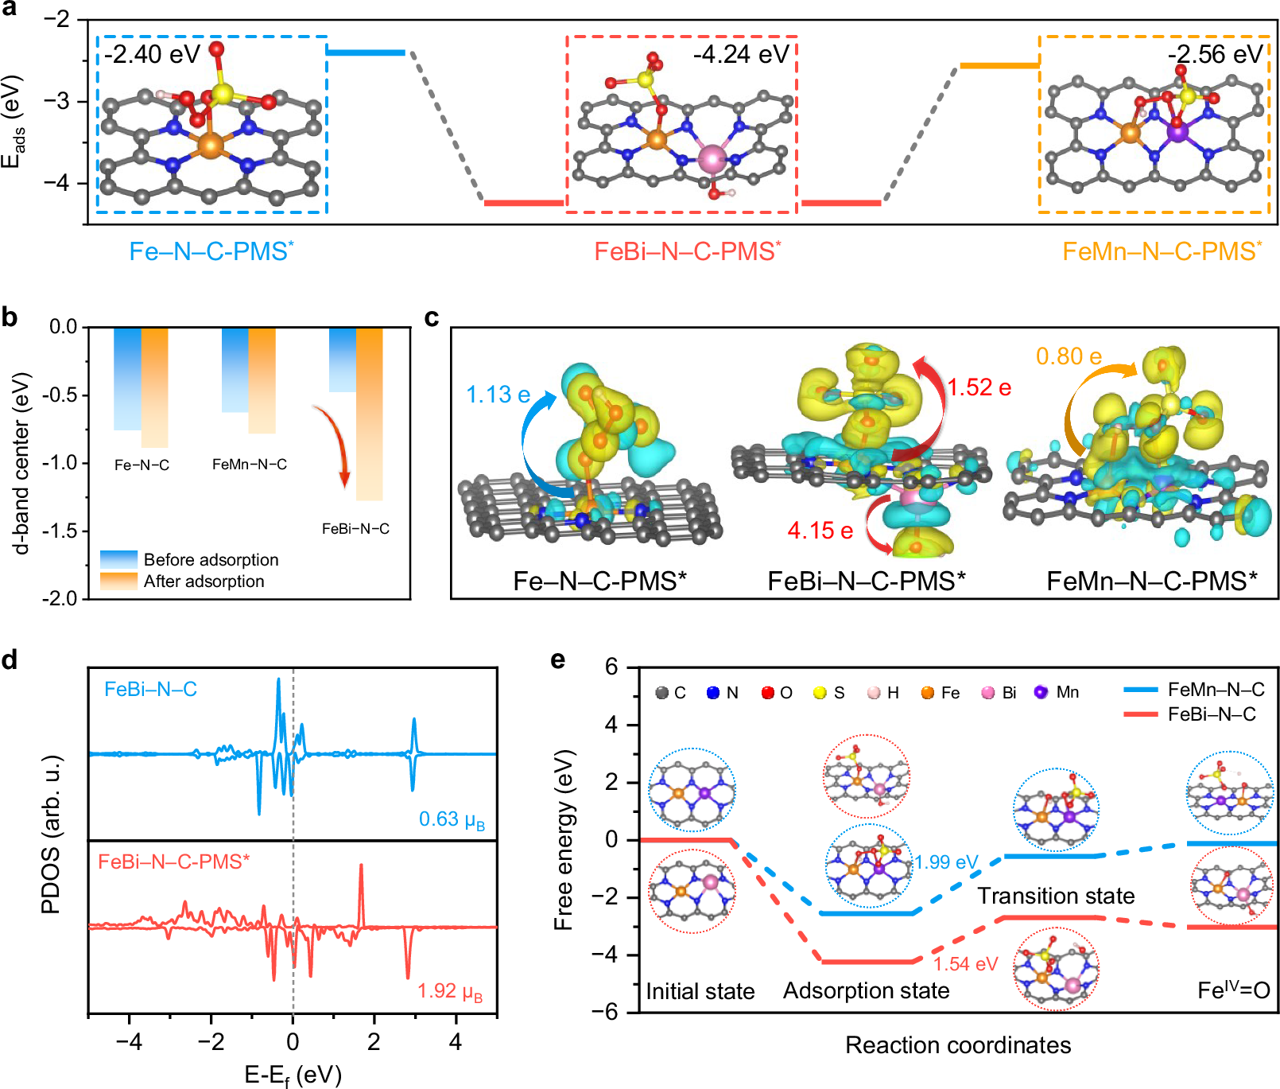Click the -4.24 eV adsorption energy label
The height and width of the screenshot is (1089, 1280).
pos(740,54)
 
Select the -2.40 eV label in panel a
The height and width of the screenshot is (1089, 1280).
pos(153,54)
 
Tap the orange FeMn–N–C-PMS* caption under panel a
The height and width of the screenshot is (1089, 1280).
pos(1162,251)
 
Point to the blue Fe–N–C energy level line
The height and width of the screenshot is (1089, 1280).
pos(366,53)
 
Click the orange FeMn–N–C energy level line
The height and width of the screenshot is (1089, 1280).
pos(999,65)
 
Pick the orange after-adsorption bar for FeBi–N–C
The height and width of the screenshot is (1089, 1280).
pos(369,414)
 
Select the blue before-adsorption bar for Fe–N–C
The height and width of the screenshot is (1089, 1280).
pos(127,379)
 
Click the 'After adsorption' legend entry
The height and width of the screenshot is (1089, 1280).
pos(203,581)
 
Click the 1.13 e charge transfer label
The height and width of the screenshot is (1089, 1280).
pos(498,395)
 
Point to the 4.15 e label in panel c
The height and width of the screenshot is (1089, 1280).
pos(820,531)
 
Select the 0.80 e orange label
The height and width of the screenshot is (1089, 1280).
pos(1069,356)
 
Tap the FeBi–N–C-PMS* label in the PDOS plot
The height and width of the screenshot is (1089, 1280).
pos(173,861)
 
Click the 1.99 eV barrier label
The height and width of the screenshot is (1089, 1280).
pos(945,862)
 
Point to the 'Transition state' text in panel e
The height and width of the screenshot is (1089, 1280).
pos(1055,896)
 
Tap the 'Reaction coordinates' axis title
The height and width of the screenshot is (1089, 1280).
pos(957,1044)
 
